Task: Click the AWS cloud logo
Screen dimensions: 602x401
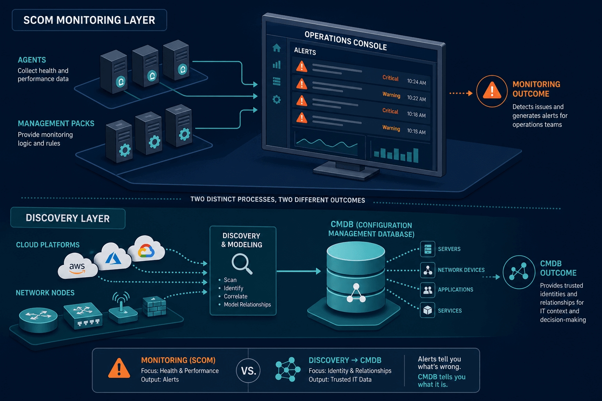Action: tap(77, 266)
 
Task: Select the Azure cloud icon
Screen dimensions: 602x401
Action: tap(112, 256)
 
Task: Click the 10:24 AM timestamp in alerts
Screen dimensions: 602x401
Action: tap(416, 82)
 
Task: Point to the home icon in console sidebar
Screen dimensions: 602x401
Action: tap(277, 48)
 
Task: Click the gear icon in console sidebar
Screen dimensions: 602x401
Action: tap(277, 99)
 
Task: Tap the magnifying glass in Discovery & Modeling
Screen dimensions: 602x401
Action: tap(242, 264)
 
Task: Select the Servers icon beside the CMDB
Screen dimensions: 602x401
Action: tap(428, 249)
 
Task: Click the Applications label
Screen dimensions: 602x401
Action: tap(455, 289)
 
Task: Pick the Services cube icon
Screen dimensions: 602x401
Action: tap(428, 310)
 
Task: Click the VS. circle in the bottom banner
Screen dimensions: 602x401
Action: tap(248, 370)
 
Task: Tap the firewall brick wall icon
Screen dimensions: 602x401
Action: tap(154, 306)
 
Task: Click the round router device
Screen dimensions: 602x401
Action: tap(38, 320)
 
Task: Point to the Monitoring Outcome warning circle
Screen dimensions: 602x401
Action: tap(492, 91)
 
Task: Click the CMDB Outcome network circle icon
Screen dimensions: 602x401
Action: tap(519, 272)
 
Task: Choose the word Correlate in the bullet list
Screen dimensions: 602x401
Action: tap(236, 296)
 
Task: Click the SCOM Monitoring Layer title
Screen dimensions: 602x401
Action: tap(89, 20)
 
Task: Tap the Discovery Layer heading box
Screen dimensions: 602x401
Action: tap(68, 219)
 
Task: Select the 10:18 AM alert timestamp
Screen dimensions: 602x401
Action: tap(416, 114)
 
